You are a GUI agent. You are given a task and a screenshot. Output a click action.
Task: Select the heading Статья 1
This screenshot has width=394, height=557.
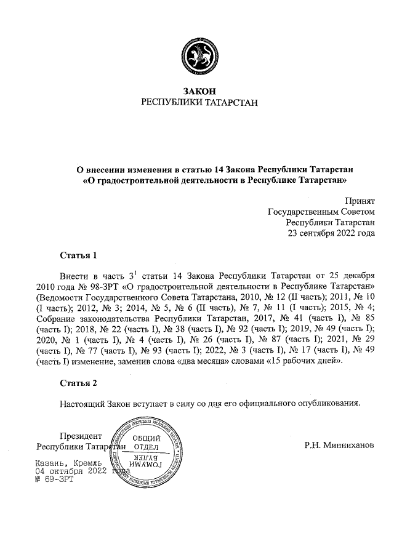[x=79, y=254]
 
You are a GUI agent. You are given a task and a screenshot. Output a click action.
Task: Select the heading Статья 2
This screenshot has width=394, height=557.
[x=79, y=383]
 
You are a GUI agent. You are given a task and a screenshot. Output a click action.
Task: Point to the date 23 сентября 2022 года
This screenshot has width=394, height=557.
[x=332, y=234]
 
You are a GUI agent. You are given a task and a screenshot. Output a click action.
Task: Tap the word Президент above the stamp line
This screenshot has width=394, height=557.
[x=74, y=435]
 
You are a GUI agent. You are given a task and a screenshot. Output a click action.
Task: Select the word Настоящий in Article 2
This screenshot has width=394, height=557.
[x=83, y=404]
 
